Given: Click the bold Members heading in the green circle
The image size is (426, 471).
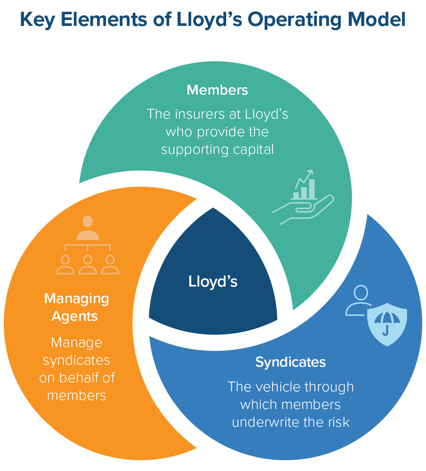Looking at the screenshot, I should tap(217, 90).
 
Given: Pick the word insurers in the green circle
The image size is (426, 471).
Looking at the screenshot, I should tap(199, 114).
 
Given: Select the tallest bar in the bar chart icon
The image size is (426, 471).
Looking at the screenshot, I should tap(312, 189).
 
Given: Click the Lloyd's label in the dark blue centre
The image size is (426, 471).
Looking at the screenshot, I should tap(213, 281).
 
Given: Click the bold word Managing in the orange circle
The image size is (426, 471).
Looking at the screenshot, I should tap(77, 299).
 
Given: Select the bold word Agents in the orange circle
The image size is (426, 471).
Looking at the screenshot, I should tap(75, 316).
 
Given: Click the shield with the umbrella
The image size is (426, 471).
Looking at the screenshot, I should tap(387, 324).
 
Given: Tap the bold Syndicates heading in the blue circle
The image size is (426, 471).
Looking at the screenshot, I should tap(291, 362).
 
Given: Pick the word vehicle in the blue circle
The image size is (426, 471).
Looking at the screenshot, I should tap(275, 387).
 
